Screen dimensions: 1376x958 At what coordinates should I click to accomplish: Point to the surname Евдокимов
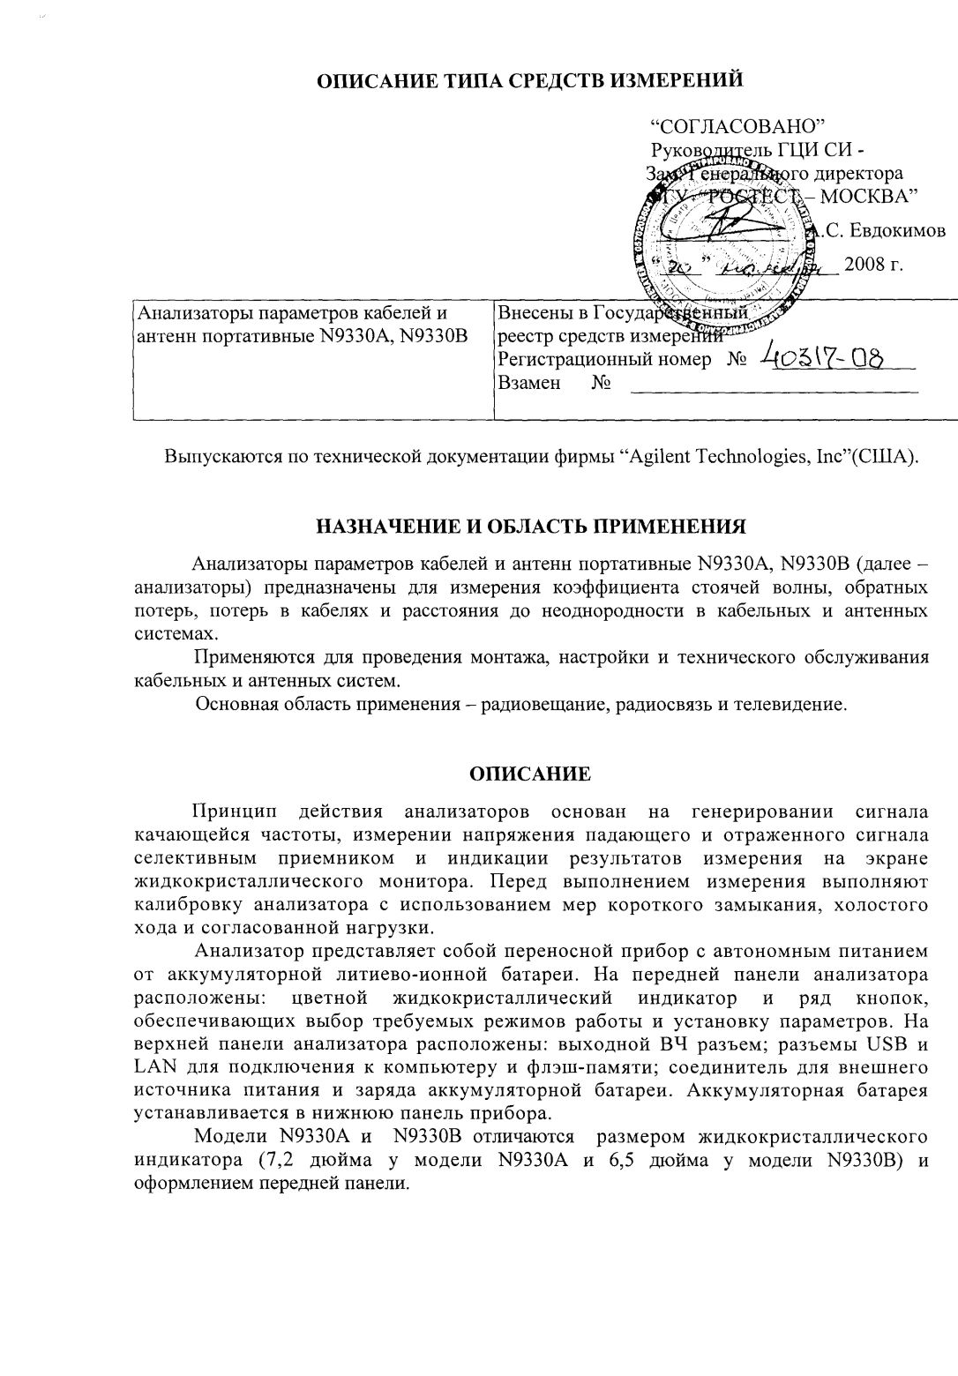click(x=892, y=231)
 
